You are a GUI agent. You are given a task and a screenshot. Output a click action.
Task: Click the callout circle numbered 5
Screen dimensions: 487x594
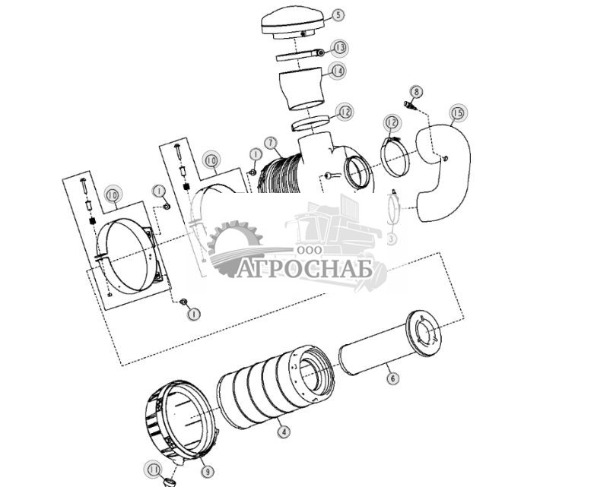[x=338, y=14]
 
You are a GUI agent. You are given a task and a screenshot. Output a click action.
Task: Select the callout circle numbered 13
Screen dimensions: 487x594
[x=340, y=48]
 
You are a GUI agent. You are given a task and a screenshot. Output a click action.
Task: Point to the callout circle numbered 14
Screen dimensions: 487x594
[x=338, y=71]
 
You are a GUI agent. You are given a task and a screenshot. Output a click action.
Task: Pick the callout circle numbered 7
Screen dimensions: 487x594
[x=270, y=142]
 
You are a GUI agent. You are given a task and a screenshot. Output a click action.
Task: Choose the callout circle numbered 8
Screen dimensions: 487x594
[x=417, y=93]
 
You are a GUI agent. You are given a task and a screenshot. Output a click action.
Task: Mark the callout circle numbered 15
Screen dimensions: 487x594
[x=457, y=114]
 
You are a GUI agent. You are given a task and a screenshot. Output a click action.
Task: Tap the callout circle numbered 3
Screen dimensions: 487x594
[x=392, y=239]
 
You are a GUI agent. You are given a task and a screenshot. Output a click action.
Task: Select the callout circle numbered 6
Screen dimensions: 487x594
[x=392, y=376]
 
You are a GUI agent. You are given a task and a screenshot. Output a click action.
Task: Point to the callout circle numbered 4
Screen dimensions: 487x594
[x=284, y=432]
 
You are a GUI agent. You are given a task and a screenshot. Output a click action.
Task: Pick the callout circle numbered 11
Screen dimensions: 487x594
[x=154, y=470]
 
